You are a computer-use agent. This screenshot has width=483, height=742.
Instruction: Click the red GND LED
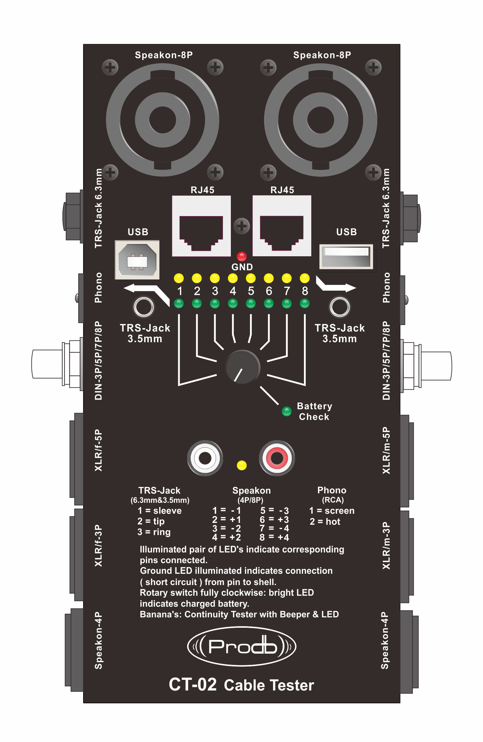(x=241, y=256)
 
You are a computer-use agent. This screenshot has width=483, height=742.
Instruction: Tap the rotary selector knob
(x=242, y=367)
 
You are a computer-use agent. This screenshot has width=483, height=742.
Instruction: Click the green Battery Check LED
(x=286, y=411)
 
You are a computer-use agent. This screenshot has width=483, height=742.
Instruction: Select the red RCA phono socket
(x=277, y=458)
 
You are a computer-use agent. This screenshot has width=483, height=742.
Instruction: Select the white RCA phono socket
(x=205, y=458)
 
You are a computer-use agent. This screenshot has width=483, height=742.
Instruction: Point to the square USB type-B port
(x=137, y=259)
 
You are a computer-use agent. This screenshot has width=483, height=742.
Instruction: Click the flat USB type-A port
(x=346, y=256)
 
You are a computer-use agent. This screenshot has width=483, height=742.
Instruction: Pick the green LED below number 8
(x=305, y=303)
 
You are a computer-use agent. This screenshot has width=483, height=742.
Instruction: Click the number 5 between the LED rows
(x=251, y=291)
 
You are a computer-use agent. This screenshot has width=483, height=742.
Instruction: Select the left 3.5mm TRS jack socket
(x=143, y=307)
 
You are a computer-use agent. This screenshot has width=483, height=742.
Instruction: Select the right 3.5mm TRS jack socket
(x=339, y=307)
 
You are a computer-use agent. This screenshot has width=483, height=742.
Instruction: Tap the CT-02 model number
(x=192, y=685)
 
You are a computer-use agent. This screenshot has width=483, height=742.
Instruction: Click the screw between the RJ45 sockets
(x=242, y=225)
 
